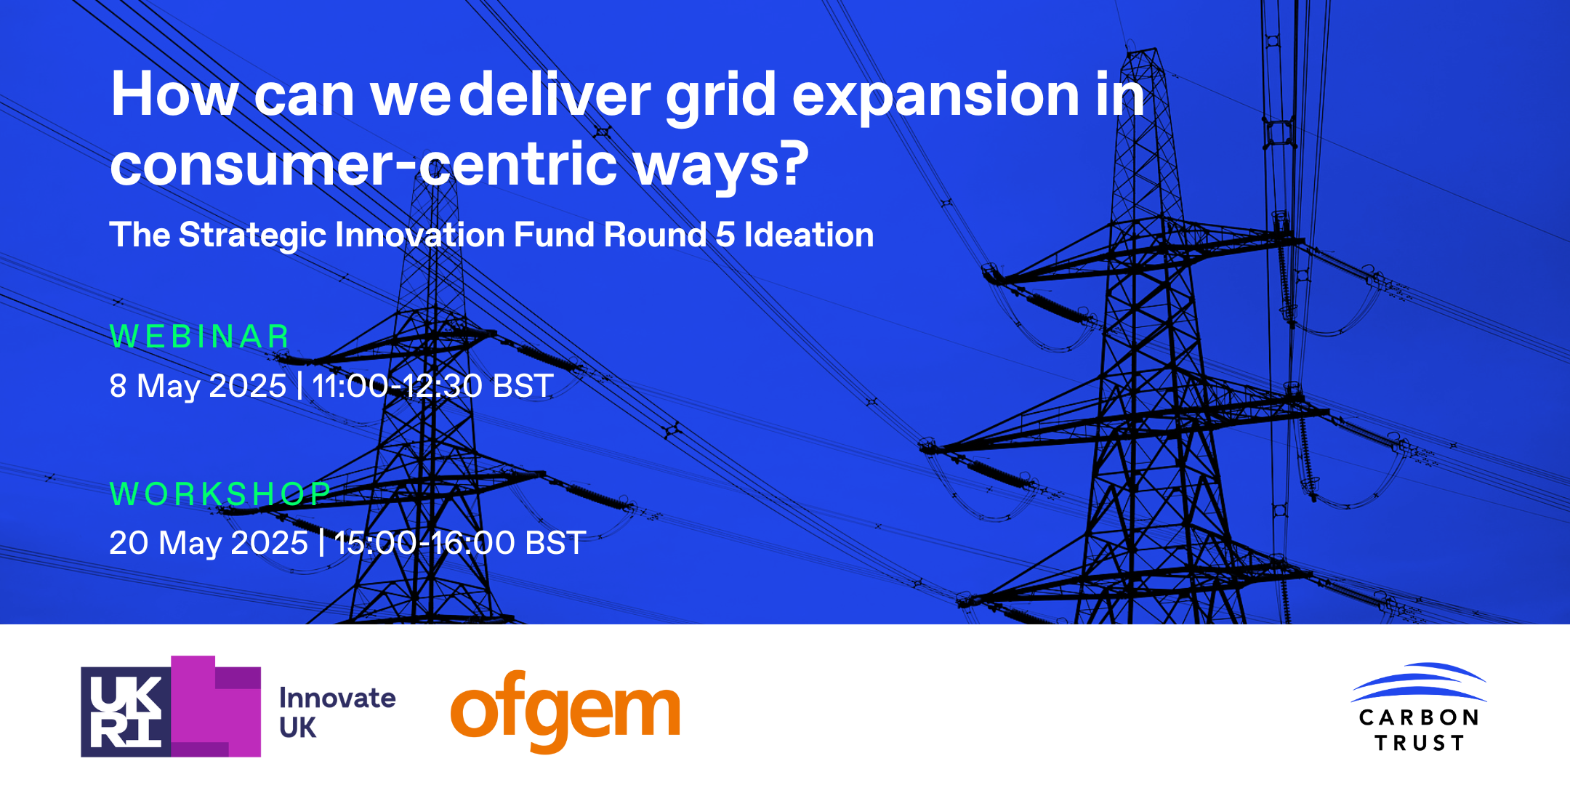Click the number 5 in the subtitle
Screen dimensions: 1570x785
(725, 235)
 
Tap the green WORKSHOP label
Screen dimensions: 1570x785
(220, 494)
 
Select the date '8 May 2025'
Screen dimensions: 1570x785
(198, 386)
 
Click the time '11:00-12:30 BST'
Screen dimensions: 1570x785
(432, 385)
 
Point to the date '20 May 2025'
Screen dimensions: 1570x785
(209, 543)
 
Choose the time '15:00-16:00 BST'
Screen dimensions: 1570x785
(460, 542)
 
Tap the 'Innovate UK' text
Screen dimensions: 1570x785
(337, 712)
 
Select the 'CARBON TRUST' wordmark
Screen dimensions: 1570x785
(1419, 730)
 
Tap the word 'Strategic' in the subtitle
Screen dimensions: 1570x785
(253, 235)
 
